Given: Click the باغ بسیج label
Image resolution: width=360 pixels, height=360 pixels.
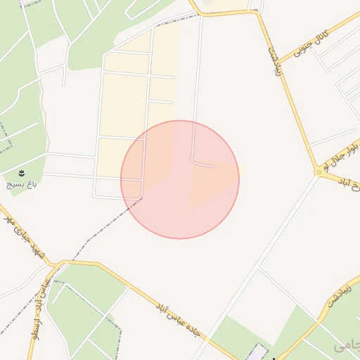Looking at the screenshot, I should click(x=20, y=184).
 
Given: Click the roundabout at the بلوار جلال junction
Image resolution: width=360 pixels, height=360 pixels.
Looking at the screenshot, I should click(x=319, y=172).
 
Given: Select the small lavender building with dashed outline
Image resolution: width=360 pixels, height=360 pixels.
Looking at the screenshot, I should click(x=259, y=351).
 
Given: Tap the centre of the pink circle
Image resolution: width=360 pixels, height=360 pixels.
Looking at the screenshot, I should click(x=180, y=179).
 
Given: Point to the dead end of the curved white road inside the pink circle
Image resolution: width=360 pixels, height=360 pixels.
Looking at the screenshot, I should click(x=214, y=166).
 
